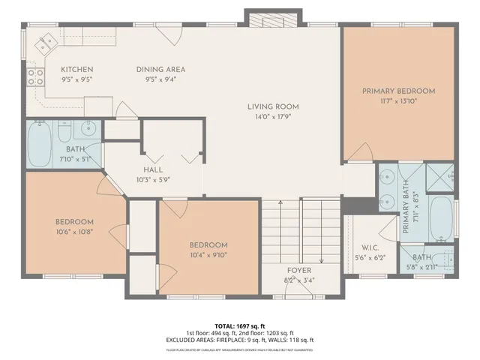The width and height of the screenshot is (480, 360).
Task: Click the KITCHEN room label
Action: click(x=76, y=69)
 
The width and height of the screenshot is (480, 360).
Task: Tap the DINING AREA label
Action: click(x=160, y=69)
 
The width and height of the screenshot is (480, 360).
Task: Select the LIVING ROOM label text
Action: click(x=273, y=106)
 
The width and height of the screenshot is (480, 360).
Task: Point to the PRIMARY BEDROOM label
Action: click(x=398, y=91)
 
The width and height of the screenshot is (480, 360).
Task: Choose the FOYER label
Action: click(x=298, y=271)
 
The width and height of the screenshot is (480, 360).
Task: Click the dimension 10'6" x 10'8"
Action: click(x=74, y=232)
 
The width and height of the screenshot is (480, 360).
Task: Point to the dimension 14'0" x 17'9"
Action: click(x=273, y=116)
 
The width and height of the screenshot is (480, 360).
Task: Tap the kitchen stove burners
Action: click(x=34, y=75)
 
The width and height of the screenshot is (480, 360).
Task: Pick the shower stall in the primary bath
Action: click(x=439, y=177)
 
